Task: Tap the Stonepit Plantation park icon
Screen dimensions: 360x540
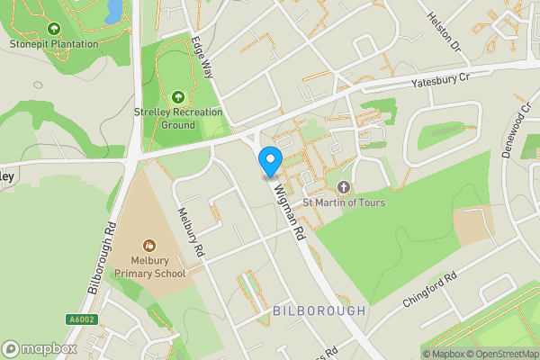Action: click(53, 30)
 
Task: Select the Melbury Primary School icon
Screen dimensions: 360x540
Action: click(149, 245)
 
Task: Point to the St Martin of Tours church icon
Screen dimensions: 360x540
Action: click(343, 187)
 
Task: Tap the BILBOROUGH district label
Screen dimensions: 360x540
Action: click(319, 310)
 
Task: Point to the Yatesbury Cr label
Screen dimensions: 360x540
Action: click(441, 81)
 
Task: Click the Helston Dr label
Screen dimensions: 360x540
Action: click(443, 32)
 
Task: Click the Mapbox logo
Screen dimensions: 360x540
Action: click(39, 349)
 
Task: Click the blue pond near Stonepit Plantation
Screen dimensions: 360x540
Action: click(113, 11)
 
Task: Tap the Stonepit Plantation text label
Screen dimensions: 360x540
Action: click(53, 43)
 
